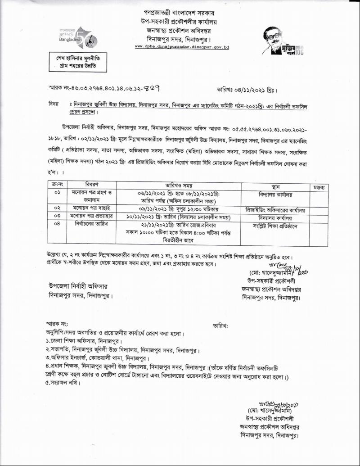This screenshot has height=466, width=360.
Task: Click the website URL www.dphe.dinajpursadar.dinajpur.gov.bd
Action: [x=182, y=47]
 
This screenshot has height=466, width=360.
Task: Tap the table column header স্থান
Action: [x=276, y=185]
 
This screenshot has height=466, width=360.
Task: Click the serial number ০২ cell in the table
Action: [x=57, y=209]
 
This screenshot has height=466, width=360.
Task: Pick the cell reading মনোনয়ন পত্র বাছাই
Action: [x=95, y=209]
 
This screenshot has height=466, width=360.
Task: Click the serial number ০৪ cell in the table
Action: [x=57, y=224]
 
